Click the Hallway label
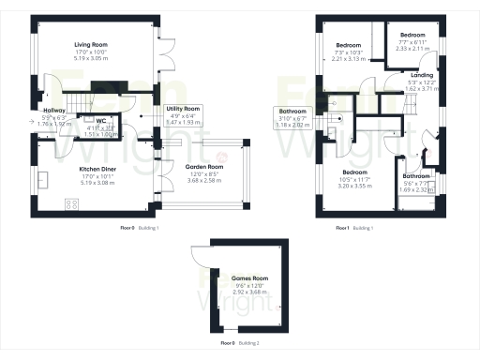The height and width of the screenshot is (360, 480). [x=53, y=111]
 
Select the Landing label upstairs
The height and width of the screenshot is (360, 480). [x=422, y=75]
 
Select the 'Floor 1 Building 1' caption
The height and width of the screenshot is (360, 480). [x=354, y=228]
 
